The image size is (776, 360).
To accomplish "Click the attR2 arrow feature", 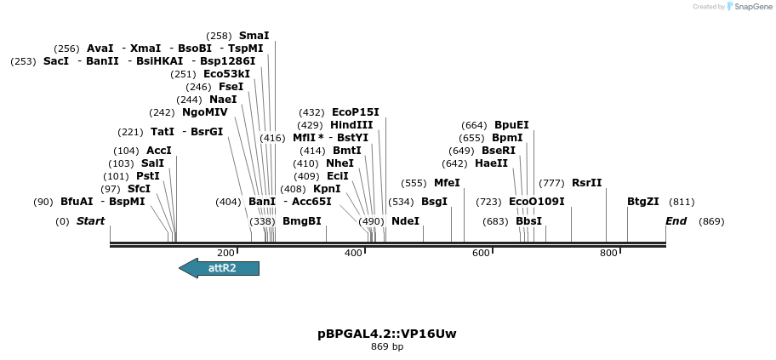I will click(220, 268).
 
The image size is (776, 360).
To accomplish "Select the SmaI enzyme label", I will click(254, 36).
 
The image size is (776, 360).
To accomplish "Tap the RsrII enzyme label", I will click(586, 183).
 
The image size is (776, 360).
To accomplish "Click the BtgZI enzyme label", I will click(642, 202).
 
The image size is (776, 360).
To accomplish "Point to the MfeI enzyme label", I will click(447, 183).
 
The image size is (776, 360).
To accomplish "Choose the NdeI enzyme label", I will click(405, 221).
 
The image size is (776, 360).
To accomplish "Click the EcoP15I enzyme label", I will click(356, 112).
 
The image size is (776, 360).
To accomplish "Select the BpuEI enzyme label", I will click(511, 125).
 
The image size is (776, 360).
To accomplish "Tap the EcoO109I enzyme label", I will click(536, 202).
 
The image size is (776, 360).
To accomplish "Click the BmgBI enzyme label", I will click(302, 221).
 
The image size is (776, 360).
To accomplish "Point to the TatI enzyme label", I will click(163, 132).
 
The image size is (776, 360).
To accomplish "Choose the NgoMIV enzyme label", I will click(204, 112).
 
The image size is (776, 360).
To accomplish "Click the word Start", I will click(90, 221).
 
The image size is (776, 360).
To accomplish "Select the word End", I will click(676, 221).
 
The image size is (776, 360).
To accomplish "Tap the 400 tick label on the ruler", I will click(353, 254).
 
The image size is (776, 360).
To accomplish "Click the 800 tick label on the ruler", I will click(608, 254).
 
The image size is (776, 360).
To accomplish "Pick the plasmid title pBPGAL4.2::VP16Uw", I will click(387, 334).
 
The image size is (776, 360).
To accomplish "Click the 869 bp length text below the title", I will click(387, 347).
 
